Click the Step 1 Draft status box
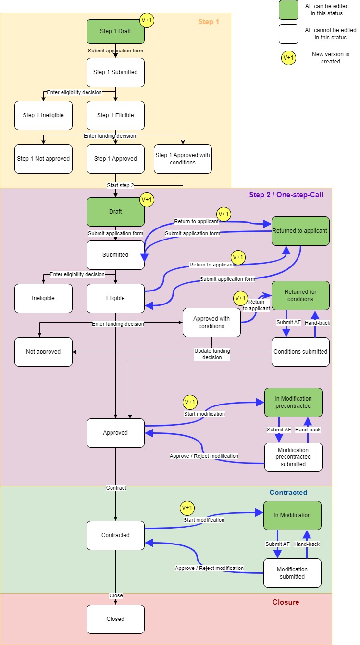point(115,32)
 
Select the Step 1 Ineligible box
point(43,115)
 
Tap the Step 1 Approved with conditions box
point(183,159)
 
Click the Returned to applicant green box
point(300,231)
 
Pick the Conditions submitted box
point(300,352)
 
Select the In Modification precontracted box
point(293,402)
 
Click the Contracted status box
point(115,535)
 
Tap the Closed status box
point(115,619)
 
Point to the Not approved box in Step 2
point(43,352)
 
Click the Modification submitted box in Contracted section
point(292,573)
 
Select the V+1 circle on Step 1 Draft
point(147,20)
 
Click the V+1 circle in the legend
point(288,58)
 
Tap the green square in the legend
point(288,10)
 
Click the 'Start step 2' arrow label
point(120,185)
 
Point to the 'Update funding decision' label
point(212,354)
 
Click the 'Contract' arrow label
point(116,488)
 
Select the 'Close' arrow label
point(116,595)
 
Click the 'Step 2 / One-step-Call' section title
point(286,195)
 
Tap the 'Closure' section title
point(286,602)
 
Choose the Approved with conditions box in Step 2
point(211,322)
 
